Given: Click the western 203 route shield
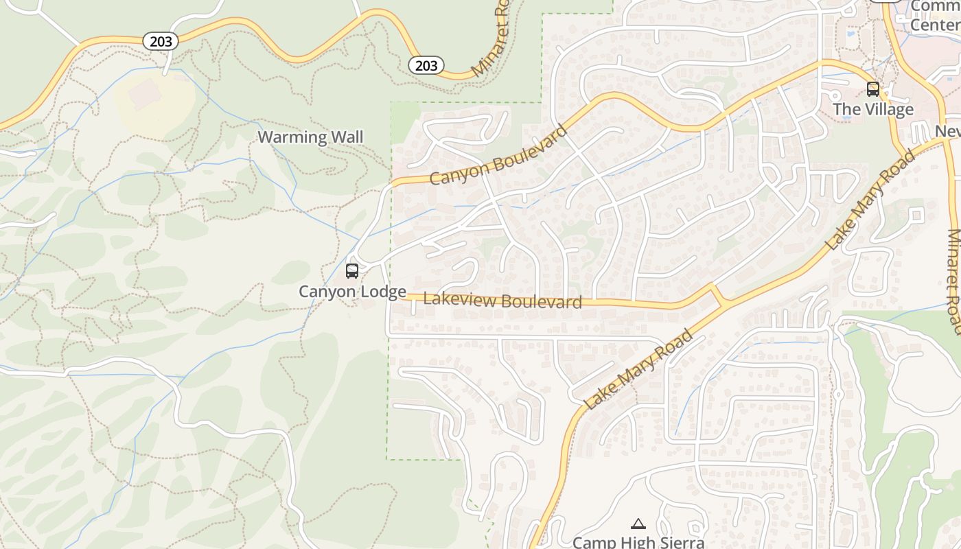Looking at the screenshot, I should [161, 42].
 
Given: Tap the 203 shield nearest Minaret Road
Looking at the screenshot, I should [426, 65].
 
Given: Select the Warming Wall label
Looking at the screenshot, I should [310, 137].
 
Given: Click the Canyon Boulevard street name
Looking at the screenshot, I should [499, 156].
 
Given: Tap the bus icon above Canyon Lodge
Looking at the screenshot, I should [352, 271].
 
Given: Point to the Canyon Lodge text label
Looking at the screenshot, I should [352, 292].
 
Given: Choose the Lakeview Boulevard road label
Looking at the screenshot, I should [502, 301].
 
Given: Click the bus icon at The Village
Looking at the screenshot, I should [872, 89].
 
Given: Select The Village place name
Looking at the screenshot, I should [872, 110].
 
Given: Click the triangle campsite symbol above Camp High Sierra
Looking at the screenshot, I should [638, 524].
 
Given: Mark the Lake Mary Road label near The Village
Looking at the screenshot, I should [870, 200].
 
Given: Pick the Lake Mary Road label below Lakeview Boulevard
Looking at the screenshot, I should [638, 369].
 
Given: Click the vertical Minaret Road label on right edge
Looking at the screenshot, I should [953, 281].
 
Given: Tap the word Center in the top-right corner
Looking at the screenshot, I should [934, 25].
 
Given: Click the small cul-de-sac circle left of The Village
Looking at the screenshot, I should [835, 95].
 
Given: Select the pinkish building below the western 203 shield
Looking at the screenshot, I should [145, 95].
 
